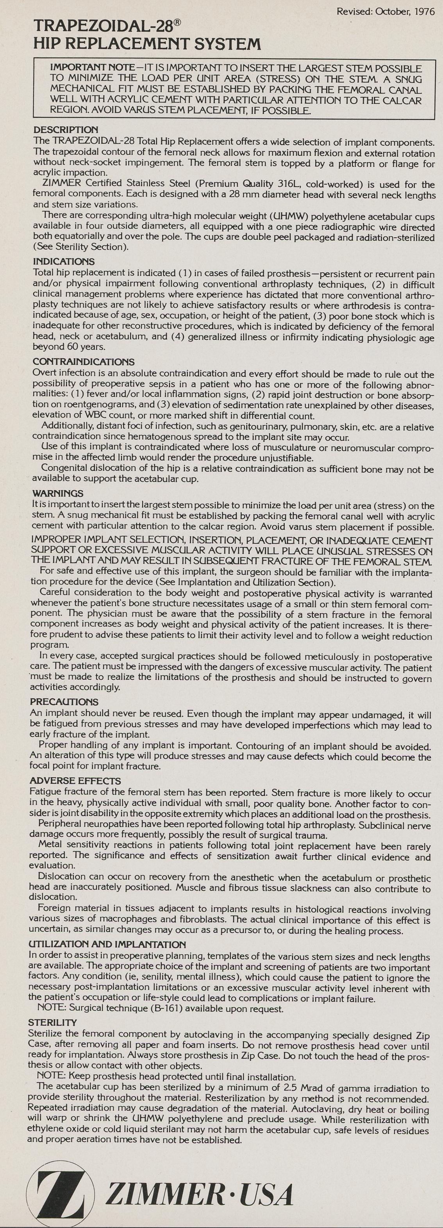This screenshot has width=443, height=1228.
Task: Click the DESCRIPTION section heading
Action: (x=66, y=130)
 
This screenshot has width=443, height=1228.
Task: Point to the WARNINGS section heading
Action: (x=58, y=493)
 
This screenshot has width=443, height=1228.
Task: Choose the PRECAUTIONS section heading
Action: (x=64, y=702)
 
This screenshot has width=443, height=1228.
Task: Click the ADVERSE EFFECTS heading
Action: (x=75, y=781)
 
